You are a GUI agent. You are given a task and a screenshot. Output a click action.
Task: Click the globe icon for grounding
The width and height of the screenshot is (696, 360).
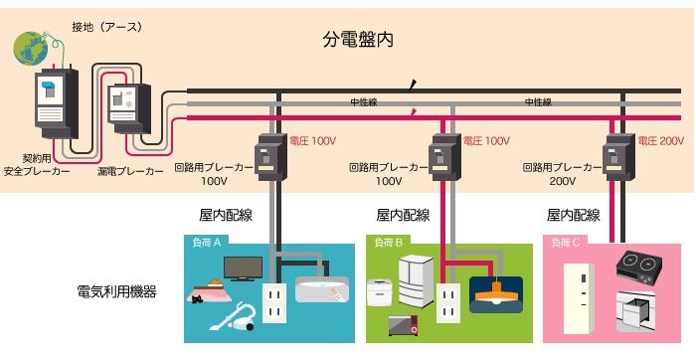(x=31, y=48)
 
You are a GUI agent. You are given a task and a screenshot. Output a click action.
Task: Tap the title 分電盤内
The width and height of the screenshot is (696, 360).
(x=357, y=40)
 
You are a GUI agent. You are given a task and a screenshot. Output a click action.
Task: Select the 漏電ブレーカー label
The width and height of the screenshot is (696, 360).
(x=130, y=171)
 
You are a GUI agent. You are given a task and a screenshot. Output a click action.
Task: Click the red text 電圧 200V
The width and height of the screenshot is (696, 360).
(x=661, y=141)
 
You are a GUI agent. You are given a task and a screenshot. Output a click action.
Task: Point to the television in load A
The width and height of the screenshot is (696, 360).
(x=243, y=269)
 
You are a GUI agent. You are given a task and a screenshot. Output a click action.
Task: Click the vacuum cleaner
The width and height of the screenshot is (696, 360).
(x=233, y=316)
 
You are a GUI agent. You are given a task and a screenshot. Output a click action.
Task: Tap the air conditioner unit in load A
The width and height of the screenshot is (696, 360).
(x=322, y=289)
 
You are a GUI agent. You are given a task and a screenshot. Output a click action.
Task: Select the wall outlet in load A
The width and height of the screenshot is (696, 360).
(x=273, y=302)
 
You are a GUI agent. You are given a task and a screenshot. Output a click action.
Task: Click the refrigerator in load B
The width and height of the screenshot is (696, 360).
(x=416, y=280)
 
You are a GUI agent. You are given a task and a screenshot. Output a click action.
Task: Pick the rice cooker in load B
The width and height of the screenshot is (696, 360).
(x=380, y=291)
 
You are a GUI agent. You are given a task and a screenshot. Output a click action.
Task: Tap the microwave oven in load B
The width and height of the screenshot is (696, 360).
(x=403, y=325)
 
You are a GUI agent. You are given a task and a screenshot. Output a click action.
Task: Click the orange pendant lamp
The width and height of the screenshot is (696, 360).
(x=496, y=293)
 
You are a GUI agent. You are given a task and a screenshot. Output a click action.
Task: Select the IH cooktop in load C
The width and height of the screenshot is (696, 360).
(x=638, y=268)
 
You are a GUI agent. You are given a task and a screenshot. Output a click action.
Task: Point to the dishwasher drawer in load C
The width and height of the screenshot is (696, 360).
(x=635, y=311)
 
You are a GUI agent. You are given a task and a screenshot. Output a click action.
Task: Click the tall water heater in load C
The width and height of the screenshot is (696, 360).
(x=579, y=298)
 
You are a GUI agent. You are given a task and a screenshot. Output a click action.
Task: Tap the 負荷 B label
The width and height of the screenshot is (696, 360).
(x=389, y=243)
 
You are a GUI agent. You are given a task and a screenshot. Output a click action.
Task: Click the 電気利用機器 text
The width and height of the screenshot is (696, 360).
(x=116, y=291)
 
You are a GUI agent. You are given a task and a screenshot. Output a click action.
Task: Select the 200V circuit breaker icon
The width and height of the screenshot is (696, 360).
(x=617, y=157)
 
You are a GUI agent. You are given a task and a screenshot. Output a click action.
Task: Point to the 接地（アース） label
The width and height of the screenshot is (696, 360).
(x=107, y=27)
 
